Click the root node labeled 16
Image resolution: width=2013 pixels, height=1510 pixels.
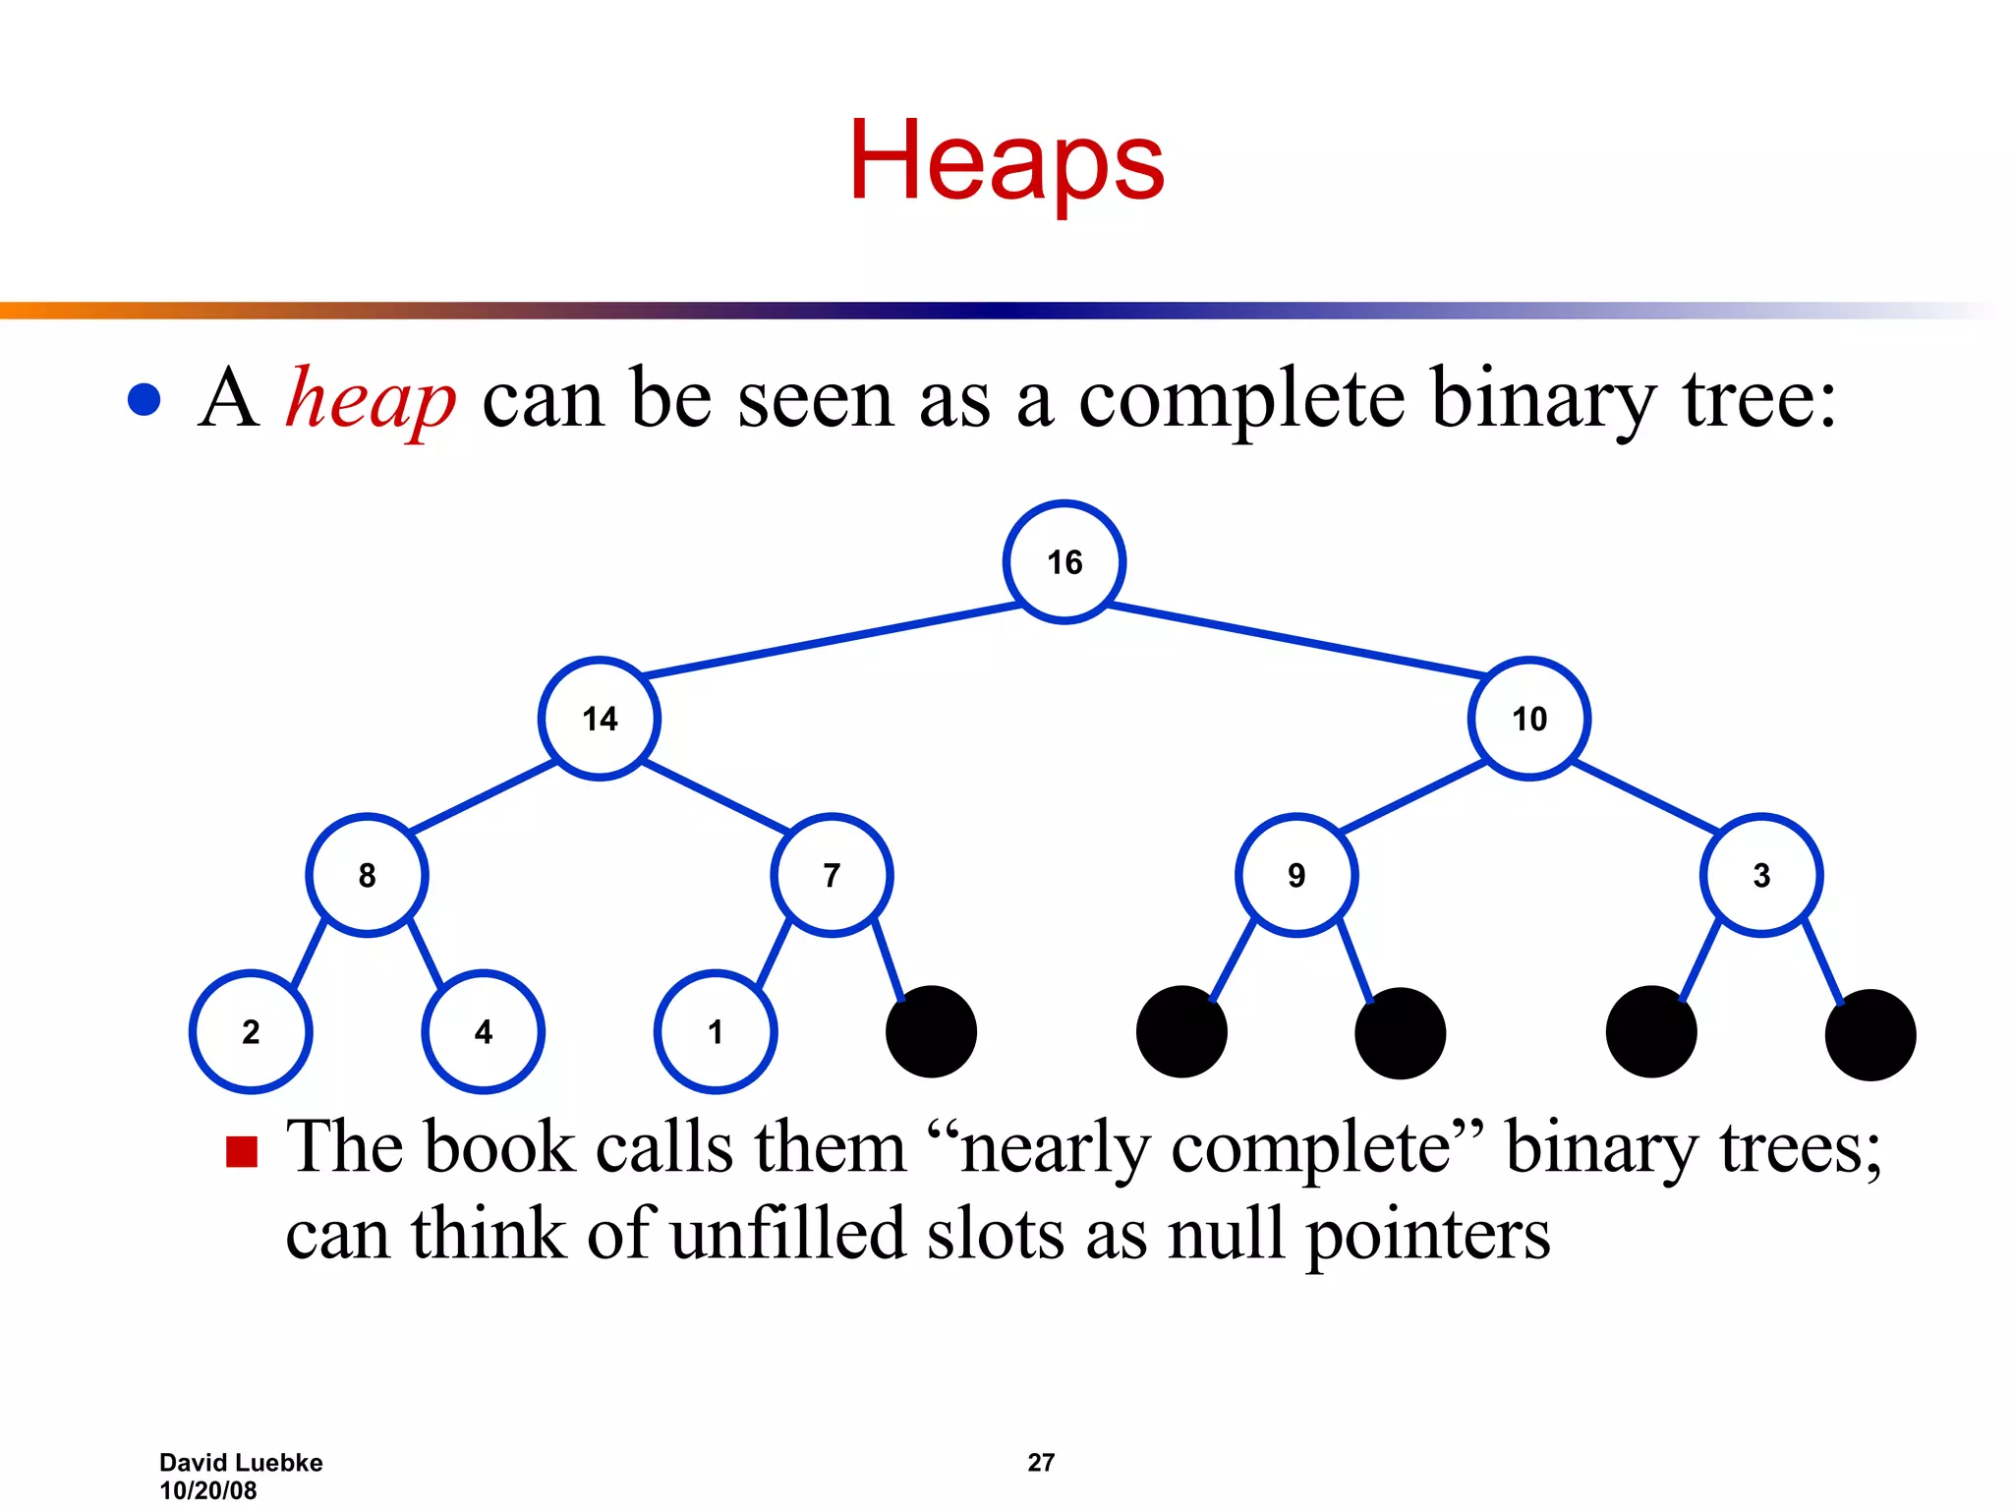click(1064, 562)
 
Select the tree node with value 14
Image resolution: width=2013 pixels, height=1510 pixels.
click(600, 719)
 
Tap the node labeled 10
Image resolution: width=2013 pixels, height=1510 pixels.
click(1529, 719)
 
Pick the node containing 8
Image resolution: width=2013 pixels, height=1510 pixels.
click(367, 875)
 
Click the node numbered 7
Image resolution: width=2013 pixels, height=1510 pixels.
click(832, 875)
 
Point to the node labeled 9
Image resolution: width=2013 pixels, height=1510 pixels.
click(1296, 875)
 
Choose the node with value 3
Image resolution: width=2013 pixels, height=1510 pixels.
click(1761, 875)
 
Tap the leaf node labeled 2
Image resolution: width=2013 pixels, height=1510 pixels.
click(251, 1031)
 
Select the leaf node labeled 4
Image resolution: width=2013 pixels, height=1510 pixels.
click(483, 1031)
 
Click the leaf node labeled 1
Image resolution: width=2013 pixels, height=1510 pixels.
click(716, 1031)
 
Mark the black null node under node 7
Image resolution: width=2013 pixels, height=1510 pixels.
click(931, 1031)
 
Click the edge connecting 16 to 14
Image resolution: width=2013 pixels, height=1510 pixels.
click(832, 641)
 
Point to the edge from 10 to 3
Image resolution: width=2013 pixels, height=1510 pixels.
click(1645, 796)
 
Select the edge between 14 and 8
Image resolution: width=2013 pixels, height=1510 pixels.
click(483, 796)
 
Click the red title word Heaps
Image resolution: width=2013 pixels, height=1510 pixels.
click(1006, 162)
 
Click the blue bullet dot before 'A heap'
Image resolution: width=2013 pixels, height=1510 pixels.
click(144, 399)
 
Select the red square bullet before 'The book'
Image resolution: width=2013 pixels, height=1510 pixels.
click(242, 1151)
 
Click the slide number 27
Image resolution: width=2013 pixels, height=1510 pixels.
click(1041, 1463)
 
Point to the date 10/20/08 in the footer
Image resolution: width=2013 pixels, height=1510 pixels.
click(208, 1490)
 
